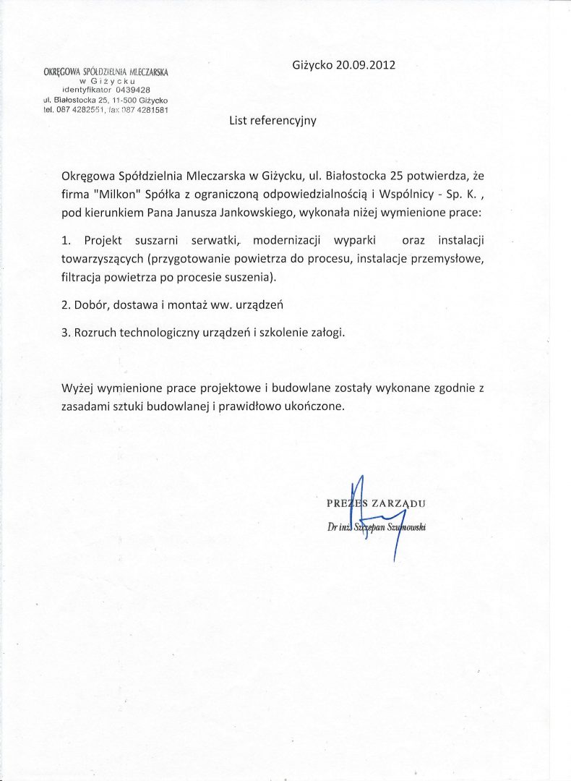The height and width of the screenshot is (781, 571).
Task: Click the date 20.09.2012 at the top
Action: tap(365, 64)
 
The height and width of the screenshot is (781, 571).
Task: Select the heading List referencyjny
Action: tap(272, 121)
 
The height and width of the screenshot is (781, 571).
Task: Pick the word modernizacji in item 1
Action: tap(288, 239)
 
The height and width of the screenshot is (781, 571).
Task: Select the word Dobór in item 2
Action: tap(92, 304)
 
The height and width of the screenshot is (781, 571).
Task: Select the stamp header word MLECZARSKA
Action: tap(149, 72)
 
